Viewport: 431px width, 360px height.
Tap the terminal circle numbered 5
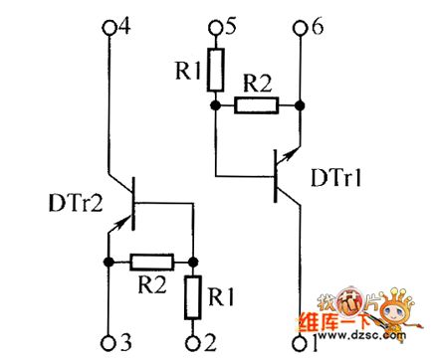[214, 27]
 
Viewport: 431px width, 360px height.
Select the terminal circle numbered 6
[299, 27]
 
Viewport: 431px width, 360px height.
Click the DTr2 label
[72, 203]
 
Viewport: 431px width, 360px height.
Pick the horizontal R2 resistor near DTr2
[151, 263]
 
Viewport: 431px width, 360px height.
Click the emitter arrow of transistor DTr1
[288, 152]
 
